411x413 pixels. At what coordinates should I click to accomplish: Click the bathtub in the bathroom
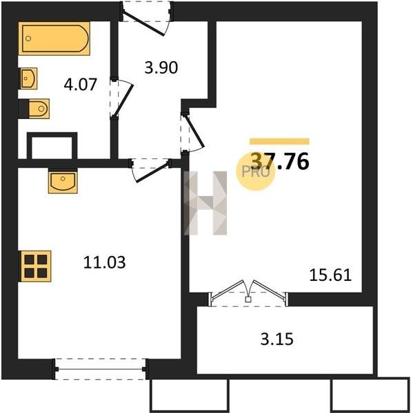[x=54, y=39]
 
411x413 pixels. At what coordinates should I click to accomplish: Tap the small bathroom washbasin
[x=29, y=78]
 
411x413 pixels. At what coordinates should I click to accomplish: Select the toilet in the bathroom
[x=39, y=109]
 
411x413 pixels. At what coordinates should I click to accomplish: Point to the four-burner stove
[x=35, y=266]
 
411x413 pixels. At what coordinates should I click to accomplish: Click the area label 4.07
[x=81, y=84]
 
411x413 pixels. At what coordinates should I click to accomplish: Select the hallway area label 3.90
[x=161, y=67]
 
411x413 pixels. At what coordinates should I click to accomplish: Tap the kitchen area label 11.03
[x=104, y=262]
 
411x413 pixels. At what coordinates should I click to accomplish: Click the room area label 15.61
[x=330, y=275]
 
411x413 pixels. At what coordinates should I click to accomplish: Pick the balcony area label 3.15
[x=277, y=339]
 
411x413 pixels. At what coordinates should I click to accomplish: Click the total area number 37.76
[x=279, y=161]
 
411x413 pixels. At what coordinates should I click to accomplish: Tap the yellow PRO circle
[x=255, y=171]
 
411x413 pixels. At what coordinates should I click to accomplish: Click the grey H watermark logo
[x=205, y=203]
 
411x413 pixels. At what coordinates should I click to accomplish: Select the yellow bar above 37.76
[x=279, y=141]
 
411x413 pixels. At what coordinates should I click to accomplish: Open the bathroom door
[x=122, y=98]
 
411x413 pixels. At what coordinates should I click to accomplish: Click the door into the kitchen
[x=150, y=170]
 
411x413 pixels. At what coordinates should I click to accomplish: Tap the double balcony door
[x=248, y=293]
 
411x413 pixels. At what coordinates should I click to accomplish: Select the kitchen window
[x=101, y=369]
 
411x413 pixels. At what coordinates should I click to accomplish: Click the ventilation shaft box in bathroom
[x=52, y=146]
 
